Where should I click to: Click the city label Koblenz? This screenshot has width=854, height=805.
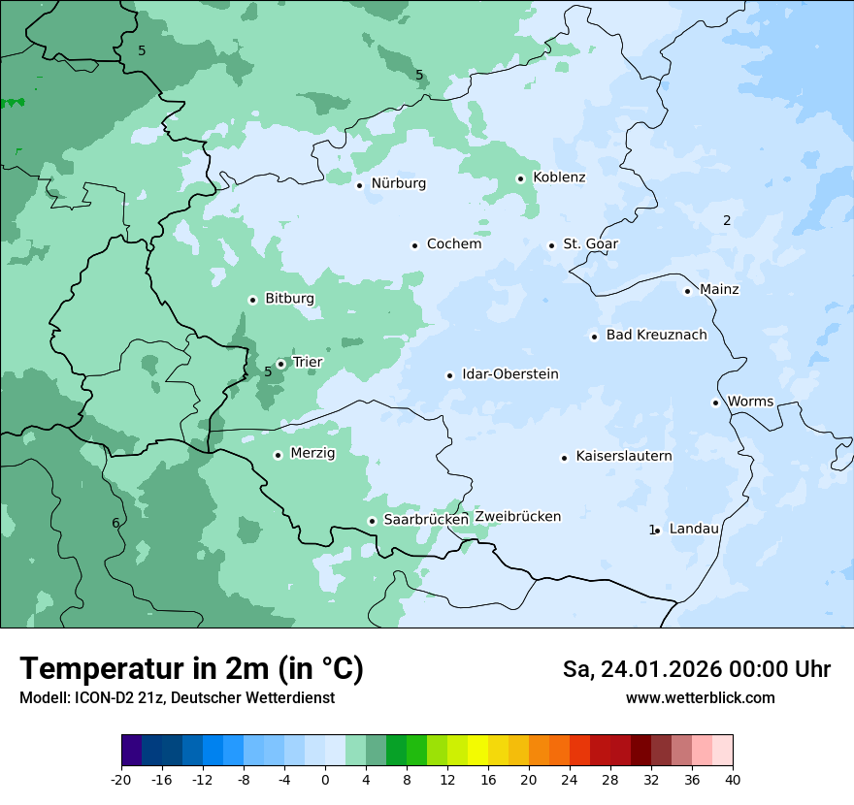[x=559, y=177]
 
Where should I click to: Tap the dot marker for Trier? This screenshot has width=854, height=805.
[x=280, y=364]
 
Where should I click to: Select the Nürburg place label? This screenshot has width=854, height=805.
[x=398, y=183]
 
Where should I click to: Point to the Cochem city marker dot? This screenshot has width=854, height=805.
[x=414, y=245]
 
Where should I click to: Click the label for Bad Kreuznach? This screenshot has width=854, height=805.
[x=656, y=335]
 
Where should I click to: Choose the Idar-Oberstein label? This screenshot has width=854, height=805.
[x=509, y=374]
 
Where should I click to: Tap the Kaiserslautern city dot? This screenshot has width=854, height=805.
[x=564, y=458]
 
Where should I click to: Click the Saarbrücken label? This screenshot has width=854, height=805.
[x=426, y=519]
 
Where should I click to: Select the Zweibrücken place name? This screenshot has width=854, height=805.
[x=517, y=516]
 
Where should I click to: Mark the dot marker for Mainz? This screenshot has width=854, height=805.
[x=687, y=291]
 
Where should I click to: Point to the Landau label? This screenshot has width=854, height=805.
[x=694, y=529]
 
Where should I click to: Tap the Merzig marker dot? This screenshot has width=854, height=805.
[x=278, y=455]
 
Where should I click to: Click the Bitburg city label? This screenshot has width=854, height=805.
[x=289, y=299]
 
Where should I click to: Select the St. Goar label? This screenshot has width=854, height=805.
[x=590, y=243]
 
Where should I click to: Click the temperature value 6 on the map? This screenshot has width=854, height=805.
[x=115, y=523]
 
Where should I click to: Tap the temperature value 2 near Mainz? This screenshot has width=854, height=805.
[x=727, y=220]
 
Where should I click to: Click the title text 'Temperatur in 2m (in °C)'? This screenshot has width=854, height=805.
[x=192, y=669]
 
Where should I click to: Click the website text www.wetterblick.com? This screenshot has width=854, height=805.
[x=700, y=697]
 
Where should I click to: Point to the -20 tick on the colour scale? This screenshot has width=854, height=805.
[x=121, y=779]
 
